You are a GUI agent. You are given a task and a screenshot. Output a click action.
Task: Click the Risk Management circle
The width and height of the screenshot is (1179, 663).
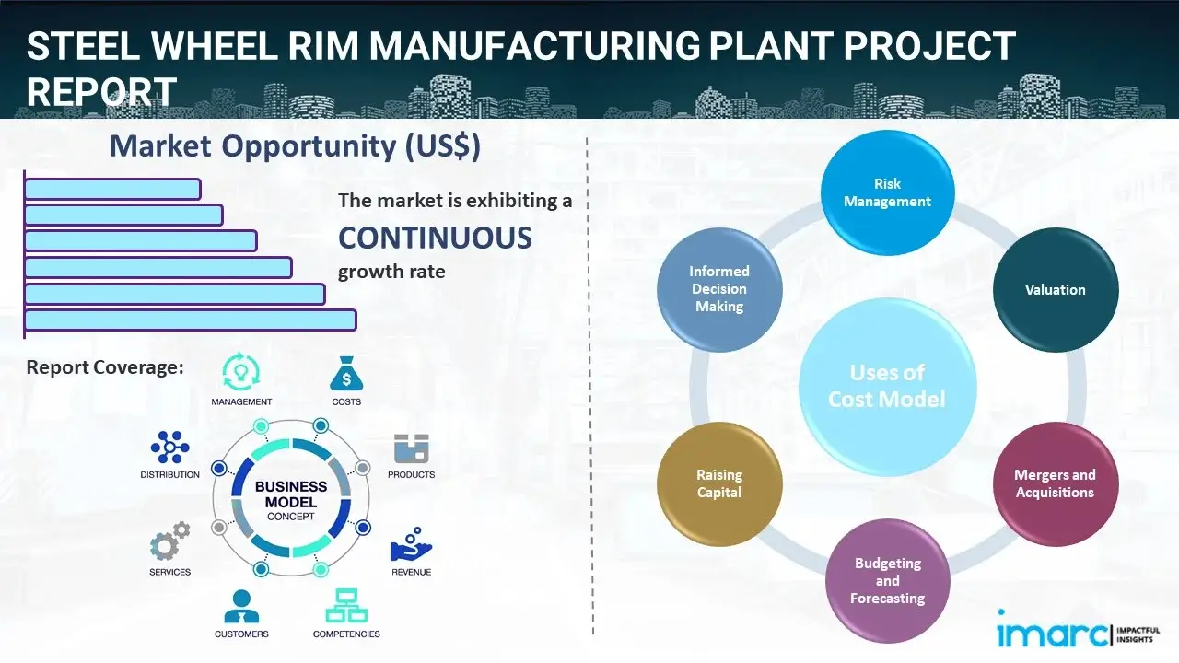coord(887,192)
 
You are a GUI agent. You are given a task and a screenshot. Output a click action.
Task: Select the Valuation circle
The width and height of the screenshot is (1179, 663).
coord(1055,290)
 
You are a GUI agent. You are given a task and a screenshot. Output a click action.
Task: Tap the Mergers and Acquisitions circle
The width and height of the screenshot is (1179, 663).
coord(1055,483)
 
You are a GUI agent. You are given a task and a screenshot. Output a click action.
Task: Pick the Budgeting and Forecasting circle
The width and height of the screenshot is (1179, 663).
coord(887,580)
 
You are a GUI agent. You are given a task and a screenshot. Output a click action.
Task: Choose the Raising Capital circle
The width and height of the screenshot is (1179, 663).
coord(719,483)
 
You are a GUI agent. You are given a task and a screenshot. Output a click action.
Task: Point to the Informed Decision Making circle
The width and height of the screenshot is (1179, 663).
coord(719,289)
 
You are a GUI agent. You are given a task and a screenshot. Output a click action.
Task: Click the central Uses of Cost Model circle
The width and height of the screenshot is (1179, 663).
coord(887,386)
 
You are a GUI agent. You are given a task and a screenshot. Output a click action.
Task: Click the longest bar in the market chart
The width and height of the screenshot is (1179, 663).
coord(190,320)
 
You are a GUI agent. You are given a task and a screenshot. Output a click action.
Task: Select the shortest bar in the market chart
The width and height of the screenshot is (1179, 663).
coord(112,189)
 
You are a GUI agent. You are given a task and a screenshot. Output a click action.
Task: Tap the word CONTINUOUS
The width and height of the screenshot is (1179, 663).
coord(435,238)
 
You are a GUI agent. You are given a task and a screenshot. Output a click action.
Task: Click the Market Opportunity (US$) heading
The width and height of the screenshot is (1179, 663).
coord(295,146)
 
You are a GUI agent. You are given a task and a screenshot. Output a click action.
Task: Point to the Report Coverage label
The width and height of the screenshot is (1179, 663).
coord(105,367)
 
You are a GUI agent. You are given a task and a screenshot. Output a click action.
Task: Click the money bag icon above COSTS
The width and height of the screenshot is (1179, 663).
coord(346,375)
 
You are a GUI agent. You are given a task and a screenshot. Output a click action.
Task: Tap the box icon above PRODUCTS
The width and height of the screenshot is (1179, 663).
coord(411,449)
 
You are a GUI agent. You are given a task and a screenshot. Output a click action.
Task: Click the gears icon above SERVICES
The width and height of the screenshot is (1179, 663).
coord(169,543)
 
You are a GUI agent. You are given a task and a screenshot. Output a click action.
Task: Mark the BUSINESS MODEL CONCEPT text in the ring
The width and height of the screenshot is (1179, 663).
coord(291,500)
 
